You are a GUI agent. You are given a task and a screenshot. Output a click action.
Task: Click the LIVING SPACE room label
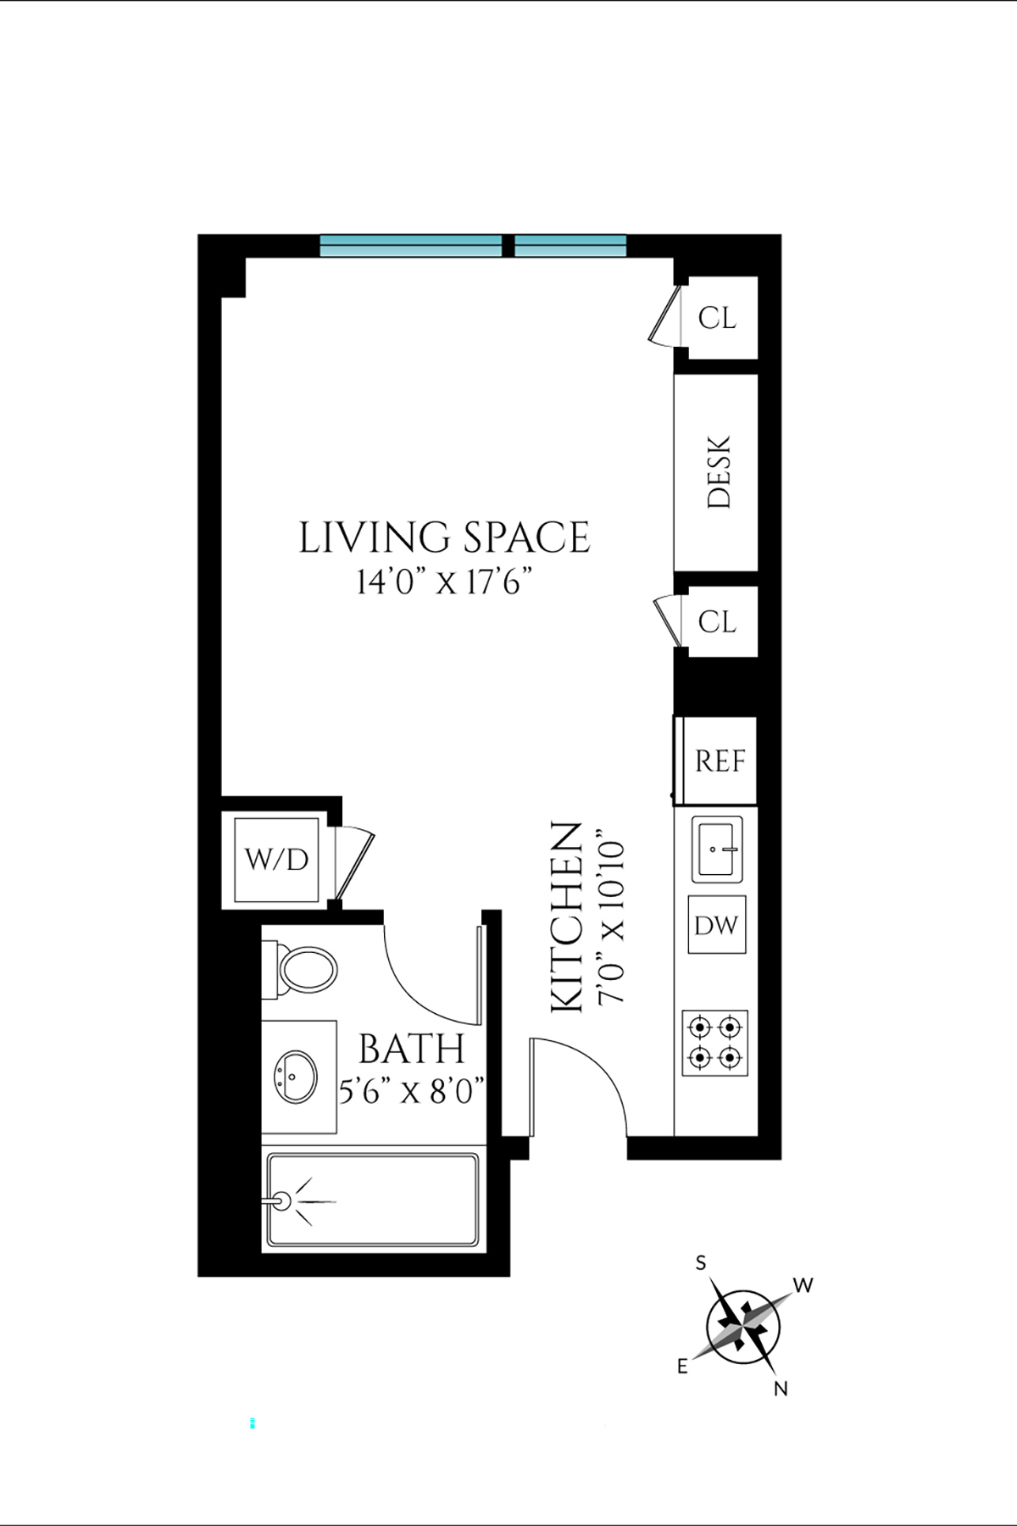tap(444, 538)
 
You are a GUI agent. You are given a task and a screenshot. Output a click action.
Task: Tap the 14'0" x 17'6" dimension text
tap(444, 583)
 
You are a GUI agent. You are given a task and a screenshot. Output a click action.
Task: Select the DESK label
tap(718, 472)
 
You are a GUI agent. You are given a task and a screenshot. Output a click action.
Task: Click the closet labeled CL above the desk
tap(717, 318)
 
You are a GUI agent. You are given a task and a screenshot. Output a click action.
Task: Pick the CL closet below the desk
tap(717, 621)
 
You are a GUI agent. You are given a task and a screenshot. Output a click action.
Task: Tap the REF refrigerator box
tap(720, 760)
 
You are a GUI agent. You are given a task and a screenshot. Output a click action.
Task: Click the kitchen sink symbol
tap(717, 848)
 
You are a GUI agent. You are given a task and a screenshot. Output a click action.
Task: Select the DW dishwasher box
tap(716, 925)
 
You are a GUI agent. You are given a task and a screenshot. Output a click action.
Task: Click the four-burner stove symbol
tap(715, 1043)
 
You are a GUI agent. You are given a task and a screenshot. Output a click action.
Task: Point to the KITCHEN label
tap(567, 916)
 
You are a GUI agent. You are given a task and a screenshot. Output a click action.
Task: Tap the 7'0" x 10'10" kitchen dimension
tap(612, 922)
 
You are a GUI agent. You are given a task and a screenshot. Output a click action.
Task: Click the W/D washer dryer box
tap(276, 860)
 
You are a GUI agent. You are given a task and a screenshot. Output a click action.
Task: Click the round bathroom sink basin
tap(295, 1077)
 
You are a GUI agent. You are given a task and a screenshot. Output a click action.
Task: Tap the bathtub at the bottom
tap(373, 1200)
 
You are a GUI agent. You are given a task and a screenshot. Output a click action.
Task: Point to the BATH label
tap(412, 1050)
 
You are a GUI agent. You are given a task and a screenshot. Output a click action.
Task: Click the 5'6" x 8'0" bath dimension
tap(412, 1091)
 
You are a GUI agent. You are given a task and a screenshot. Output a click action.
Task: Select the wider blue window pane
tap(411, 246)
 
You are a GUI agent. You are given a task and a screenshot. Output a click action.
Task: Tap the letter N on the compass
tap(781, 1389)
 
